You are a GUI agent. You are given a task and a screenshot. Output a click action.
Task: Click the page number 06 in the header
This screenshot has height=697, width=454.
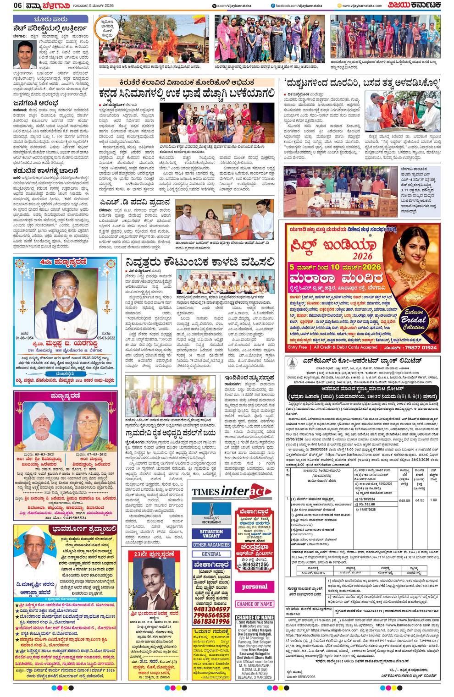[x=7, y=5]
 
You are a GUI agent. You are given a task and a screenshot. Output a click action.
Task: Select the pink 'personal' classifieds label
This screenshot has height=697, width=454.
[x=255, y=587]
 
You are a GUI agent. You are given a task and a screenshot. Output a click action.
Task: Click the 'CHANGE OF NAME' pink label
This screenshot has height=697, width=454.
[x=255, y=604]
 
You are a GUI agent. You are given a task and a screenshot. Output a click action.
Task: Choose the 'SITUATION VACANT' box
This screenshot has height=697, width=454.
[x=211, y=534]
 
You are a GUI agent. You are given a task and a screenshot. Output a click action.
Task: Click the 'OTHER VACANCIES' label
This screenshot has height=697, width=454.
[x=211, y=545]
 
